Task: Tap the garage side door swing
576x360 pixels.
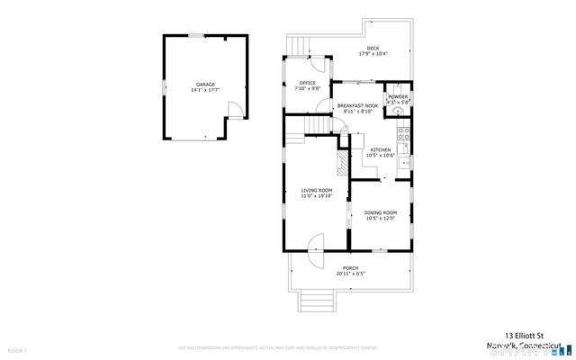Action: [x=233, y=111]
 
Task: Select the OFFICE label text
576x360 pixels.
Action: [x=308, y=86]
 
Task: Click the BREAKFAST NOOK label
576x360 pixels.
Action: [x=355, y=108]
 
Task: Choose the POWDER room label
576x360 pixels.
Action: [x=398, y=99]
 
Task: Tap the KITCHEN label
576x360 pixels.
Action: [x=381, y=152]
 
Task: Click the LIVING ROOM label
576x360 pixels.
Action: [x=317, y=193]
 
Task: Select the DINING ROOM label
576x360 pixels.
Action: [x=380, y=215]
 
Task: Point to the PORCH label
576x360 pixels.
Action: [x=351, y=270]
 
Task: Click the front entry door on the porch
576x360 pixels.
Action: [x=315, y=247]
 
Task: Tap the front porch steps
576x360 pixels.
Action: [x=316, y=299]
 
